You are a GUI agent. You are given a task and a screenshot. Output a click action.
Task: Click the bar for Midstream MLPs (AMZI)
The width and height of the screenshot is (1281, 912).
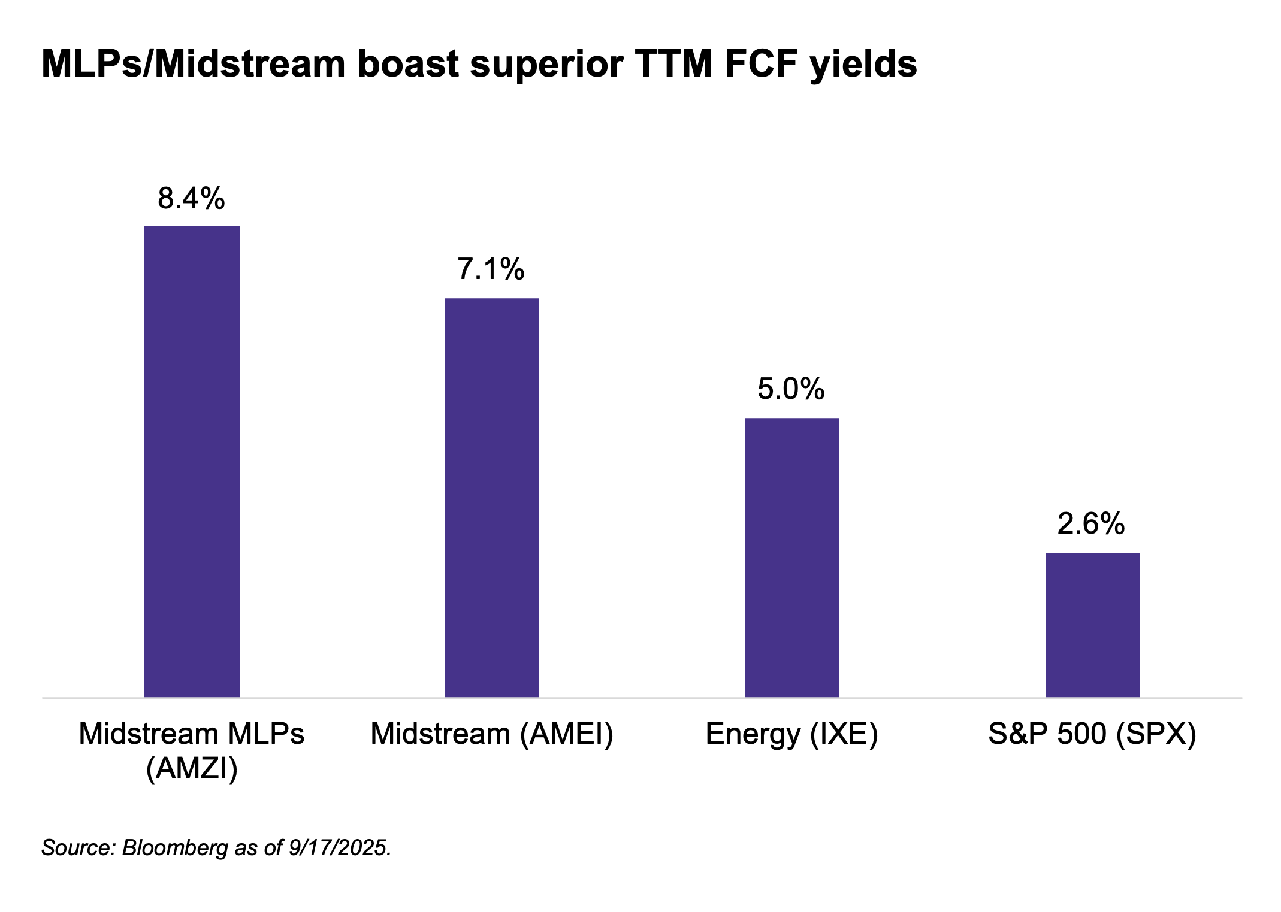192,461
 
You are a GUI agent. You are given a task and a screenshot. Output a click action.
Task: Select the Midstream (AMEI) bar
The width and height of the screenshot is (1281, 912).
492,497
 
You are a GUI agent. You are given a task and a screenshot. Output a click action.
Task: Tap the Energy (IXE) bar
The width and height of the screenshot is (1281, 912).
792,557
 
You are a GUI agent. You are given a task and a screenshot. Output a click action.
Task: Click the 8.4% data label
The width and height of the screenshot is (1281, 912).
191,198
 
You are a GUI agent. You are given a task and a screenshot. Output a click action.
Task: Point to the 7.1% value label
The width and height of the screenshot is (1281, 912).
491,269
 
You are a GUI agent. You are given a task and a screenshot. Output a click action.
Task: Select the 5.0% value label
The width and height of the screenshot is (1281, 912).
791,389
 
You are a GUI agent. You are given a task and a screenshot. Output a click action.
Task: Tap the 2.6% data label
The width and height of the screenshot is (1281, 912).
1091,523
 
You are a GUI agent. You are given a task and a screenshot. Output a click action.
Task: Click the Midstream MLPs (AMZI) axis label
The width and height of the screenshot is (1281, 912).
192,750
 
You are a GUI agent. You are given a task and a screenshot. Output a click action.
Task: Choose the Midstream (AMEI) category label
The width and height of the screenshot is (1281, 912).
492,734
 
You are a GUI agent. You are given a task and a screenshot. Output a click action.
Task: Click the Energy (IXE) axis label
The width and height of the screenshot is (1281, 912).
791,734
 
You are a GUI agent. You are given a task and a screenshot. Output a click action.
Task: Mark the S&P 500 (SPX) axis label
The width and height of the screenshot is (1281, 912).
1092,734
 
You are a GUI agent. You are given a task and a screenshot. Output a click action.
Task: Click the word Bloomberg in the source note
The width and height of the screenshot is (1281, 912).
175,847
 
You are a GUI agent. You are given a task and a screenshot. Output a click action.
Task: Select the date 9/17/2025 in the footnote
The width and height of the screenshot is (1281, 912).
339,847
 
